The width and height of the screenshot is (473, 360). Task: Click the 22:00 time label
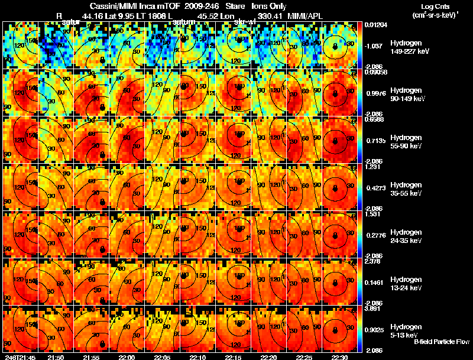click(x=127, y=357)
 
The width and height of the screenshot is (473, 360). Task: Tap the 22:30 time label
click(x=340, y=357)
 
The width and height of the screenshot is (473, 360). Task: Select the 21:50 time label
click(x=55, y=357)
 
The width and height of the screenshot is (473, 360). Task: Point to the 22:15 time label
click(x=234, y=357)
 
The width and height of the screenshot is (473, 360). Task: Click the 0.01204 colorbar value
click(x=375, y=25)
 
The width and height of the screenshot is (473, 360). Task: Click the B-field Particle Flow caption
click(x=442, y=342)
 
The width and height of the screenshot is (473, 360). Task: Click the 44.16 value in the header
click(x=93, y=15)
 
